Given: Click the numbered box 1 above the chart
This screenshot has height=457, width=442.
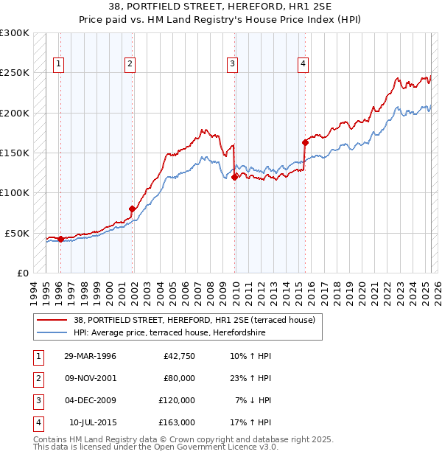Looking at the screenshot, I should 58,64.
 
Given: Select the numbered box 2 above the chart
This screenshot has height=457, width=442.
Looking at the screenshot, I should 130,64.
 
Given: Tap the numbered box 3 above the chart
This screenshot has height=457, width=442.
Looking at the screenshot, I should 232,64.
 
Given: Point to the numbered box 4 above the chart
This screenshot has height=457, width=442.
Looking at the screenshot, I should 303,64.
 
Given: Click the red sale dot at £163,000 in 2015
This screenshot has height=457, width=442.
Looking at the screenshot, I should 304,142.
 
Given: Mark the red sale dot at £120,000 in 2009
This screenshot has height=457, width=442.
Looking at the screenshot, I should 234,177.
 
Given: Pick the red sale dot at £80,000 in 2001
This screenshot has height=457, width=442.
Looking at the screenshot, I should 133,209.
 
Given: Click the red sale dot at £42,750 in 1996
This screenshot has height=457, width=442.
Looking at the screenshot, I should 60,239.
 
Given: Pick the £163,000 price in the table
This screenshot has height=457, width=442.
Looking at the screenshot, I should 178,422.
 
